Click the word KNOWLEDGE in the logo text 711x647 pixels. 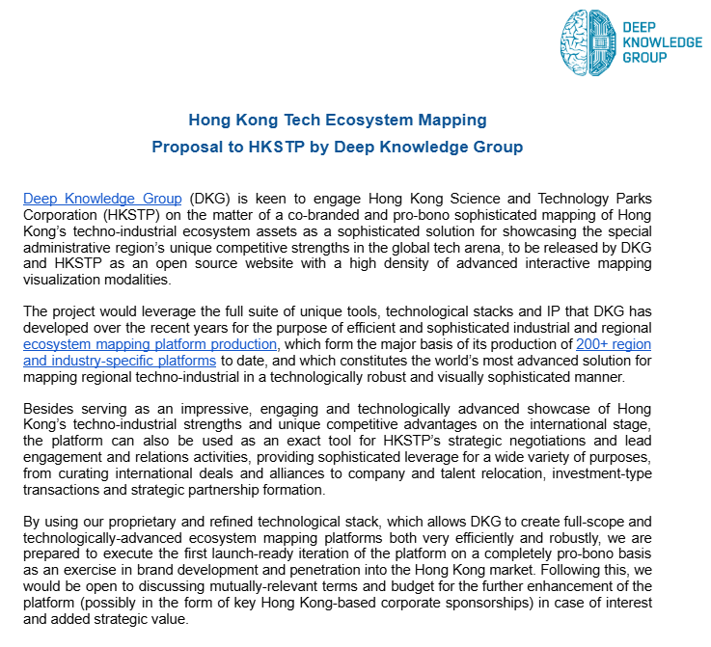point(663,42)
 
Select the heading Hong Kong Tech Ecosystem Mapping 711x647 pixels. point(338,121)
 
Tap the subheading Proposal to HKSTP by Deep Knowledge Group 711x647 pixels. point(338,148)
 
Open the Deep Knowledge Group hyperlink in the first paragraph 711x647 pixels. point(102,200)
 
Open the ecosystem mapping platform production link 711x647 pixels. point(150,344)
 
